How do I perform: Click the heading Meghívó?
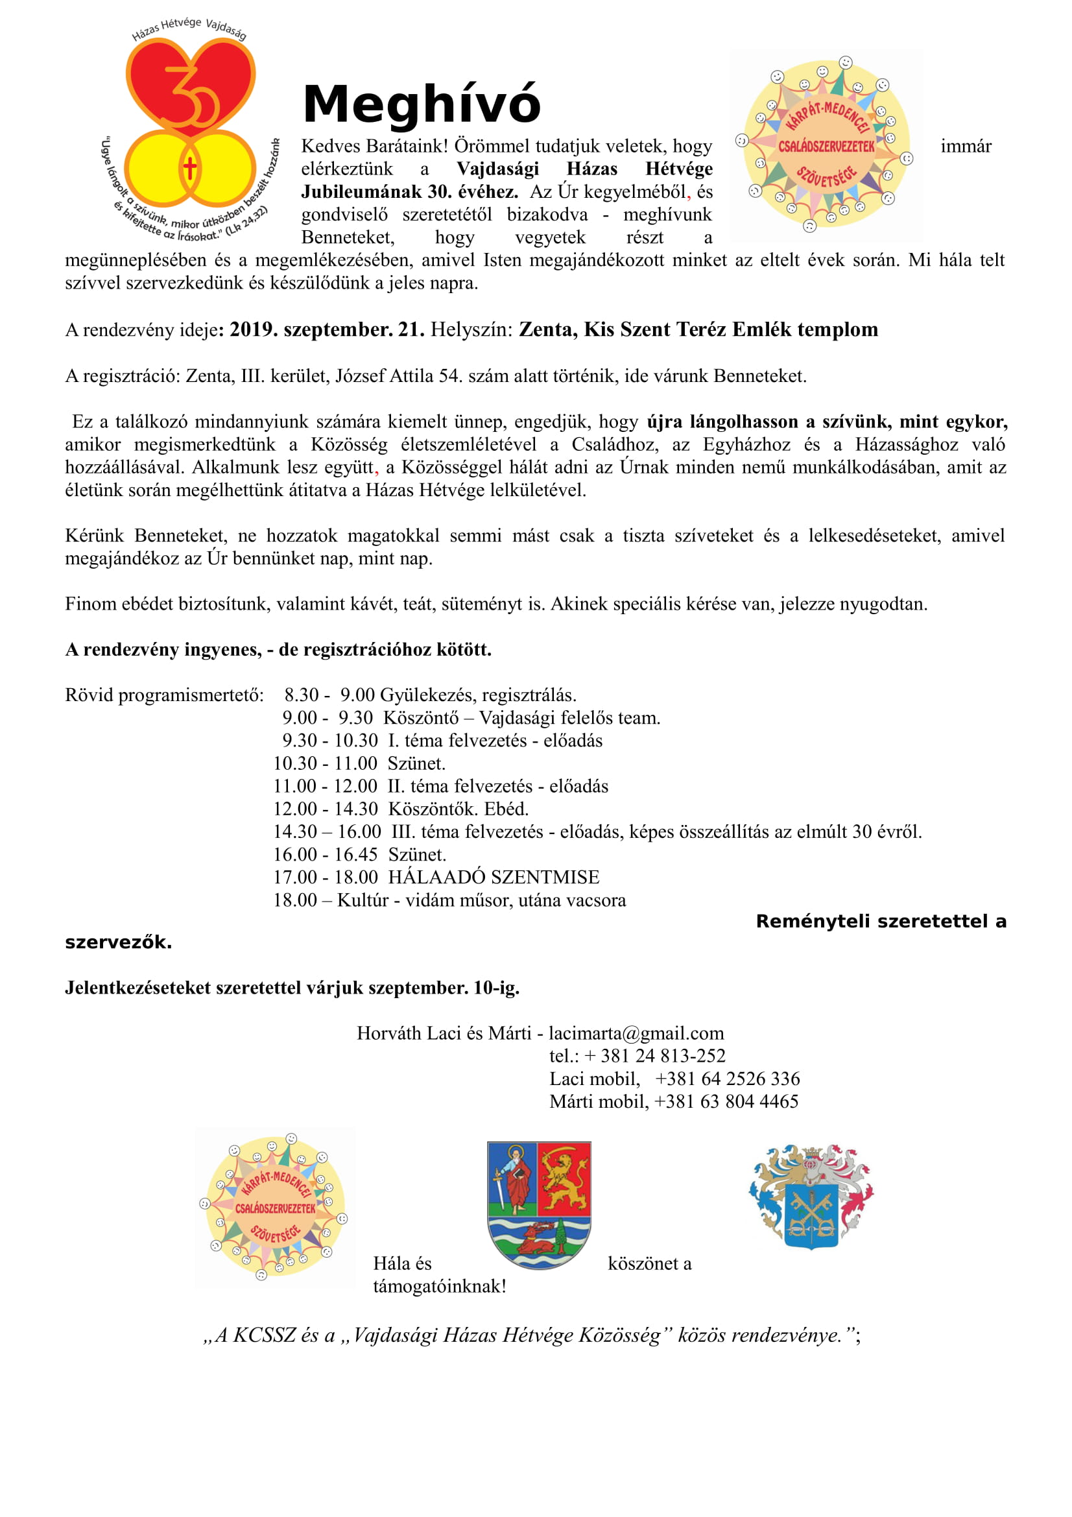coord(422,104)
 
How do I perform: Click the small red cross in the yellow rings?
coord(189,168)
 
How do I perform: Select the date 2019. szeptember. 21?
coord(327,329)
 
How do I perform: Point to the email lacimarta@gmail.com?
coord(636,1033)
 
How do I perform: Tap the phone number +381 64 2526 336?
coord(727,1079)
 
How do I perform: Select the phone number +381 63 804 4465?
coord(726,1101)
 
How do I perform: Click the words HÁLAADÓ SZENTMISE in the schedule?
coord(494,878)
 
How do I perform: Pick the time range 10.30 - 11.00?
coord(325,764)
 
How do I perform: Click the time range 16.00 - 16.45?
coord(325,855)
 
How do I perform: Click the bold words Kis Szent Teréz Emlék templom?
coord(698,329)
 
